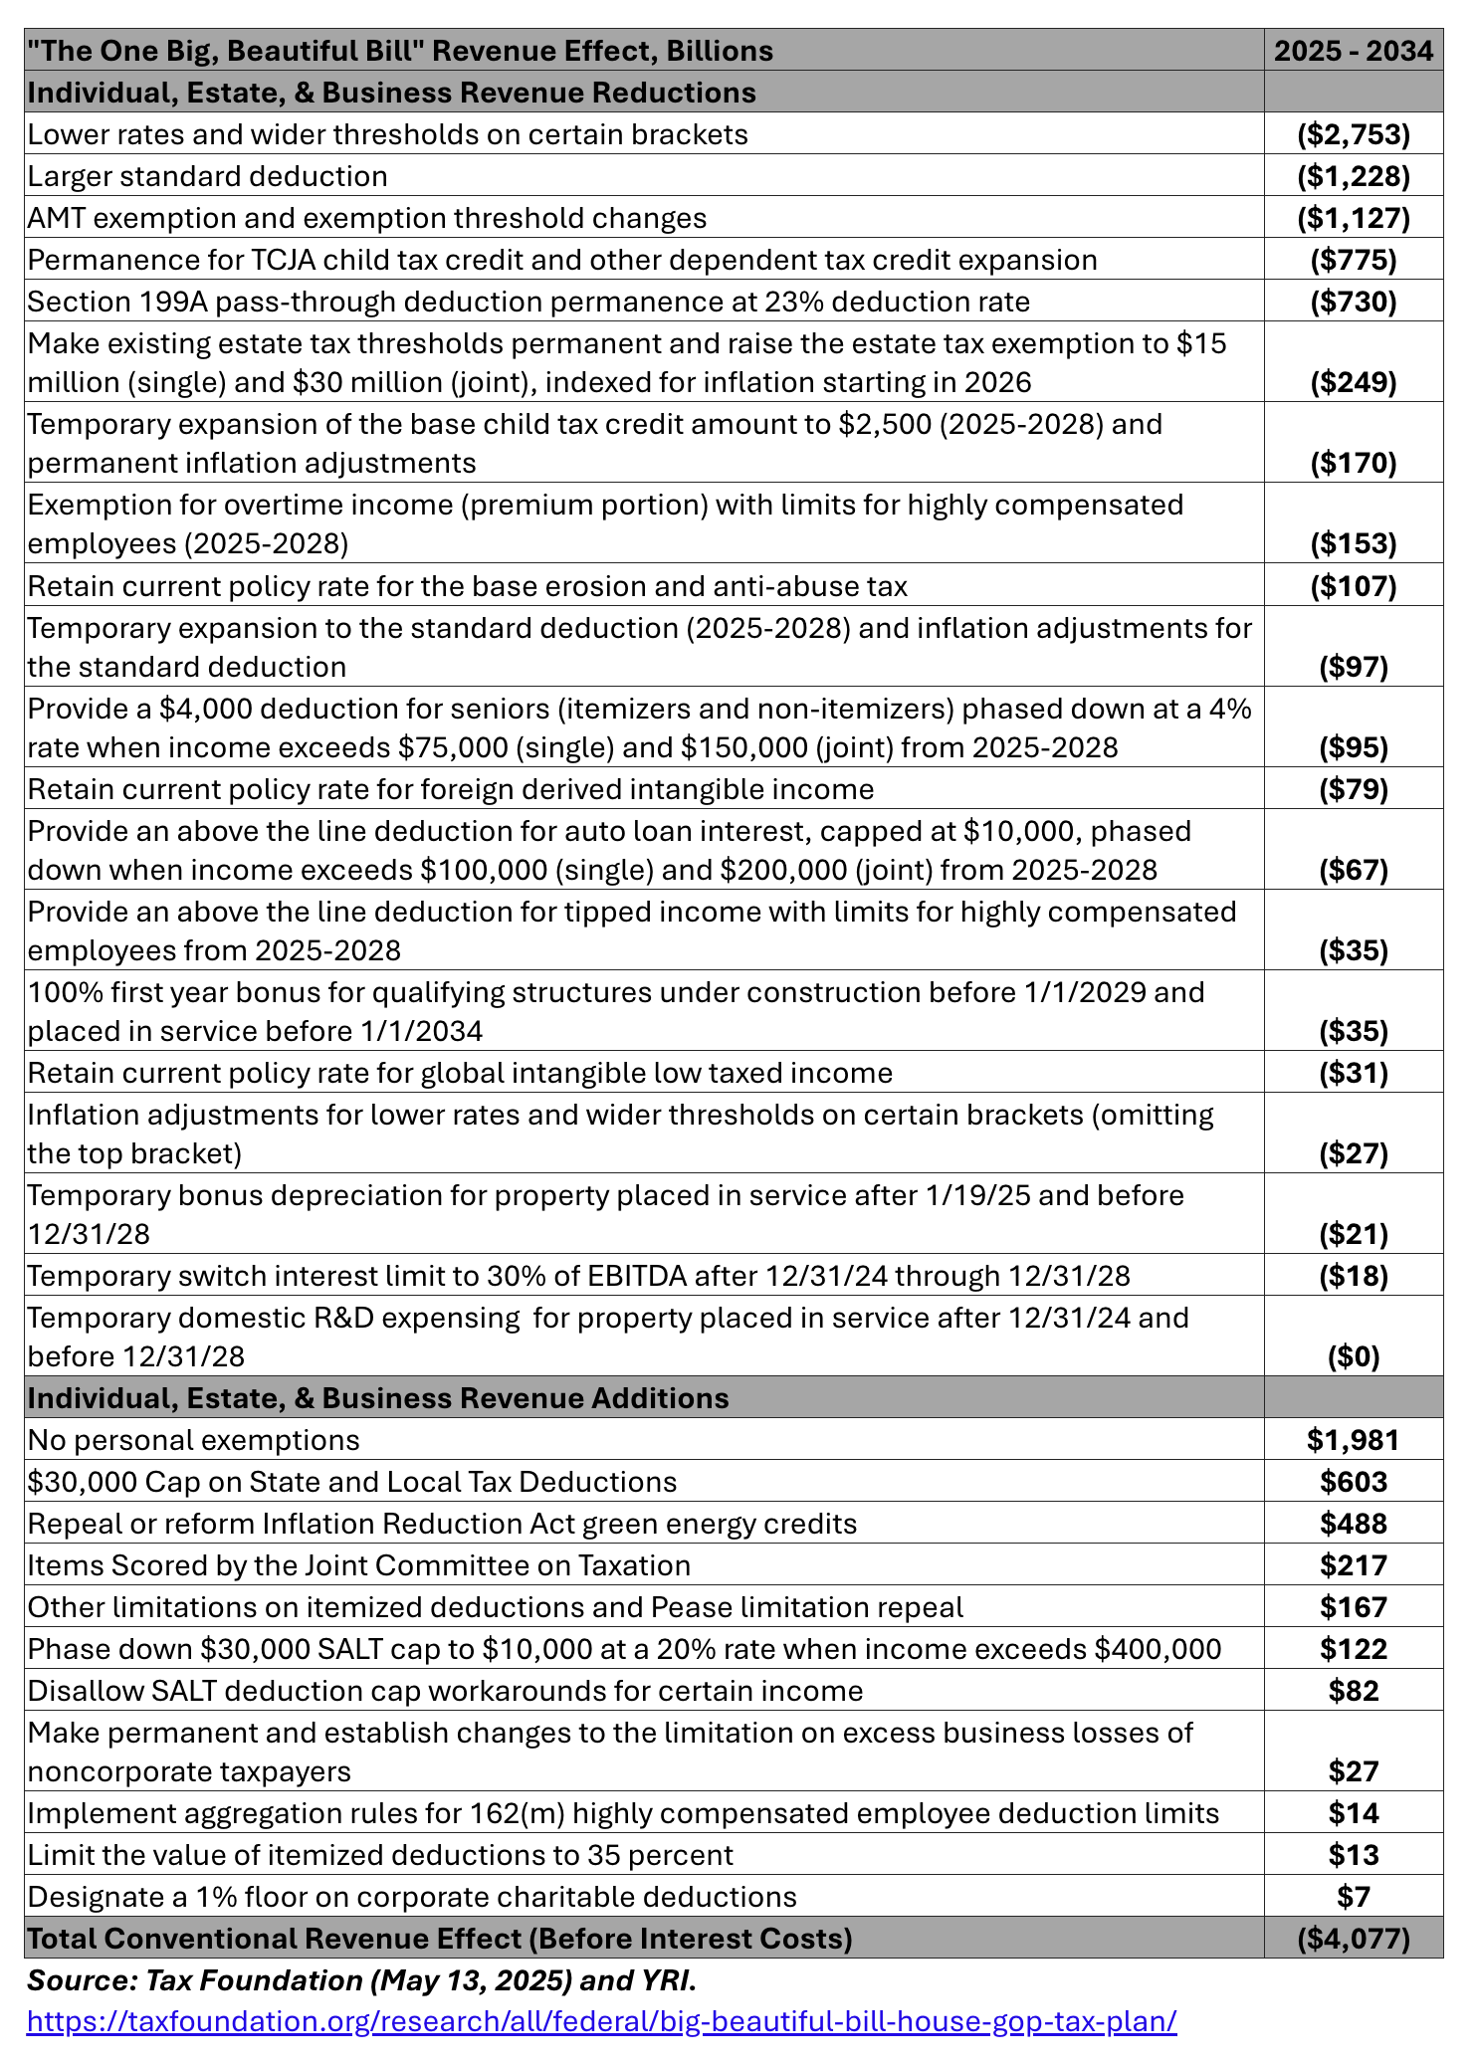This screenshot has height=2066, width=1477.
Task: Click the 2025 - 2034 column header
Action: click(x=1354, y=51)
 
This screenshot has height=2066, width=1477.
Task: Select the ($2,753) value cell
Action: click(x=1354, y=134)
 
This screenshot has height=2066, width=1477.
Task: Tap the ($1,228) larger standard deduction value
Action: click(x=1354, y=176)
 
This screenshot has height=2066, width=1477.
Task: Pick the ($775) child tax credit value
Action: click(x=1354, y=260)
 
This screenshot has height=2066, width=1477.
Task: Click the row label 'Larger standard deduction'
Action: click(x=208, y=176)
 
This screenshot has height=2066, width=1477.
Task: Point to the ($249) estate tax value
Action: click(x=1354, y=382)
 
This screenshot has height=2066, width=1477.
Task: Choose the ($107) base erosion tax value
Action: click(x=1354, y=586)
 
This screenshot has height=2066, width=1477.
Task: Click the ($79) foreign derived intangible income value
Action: click(x=1354, y=789)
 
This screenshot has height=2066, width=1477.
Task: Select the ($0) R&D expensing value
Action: click(x=1354, y=1356)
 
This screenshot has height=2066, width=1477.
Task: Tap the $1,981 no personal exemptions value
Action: click(x=1354, y=1440)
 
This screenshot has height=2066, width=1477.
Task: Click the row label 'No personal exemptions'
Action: click(x=194, y=1440)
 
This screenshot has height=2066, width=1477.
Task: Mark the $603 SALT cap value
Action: click(x=1354, y=1482)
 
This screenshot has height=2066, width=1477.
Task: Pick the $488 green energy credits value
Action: click(x=1354, y=1524)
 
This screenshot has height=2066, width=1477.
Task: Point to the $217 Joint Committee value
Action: click(x=1354, y=1565)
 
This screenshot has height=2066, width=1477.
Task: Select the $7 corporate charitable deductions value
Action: click(x=1354, y=1896)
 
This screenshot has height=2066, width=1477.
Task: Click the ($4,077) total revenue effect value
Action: click(x=1354, y=1938)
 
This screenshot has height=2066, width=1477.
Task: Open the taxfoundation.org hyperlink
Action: click(x=601, y=2021)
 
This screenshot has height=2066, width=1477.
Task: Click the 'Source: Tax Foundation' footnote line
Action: click(x=361, y=1980)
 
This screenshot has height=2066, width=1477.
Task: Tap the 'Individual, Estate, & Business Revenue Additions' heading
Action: click(x=378, y=1398)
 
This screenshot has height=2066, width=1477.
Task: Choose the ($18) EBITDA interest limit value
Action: click(x=1354, y=1276)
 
